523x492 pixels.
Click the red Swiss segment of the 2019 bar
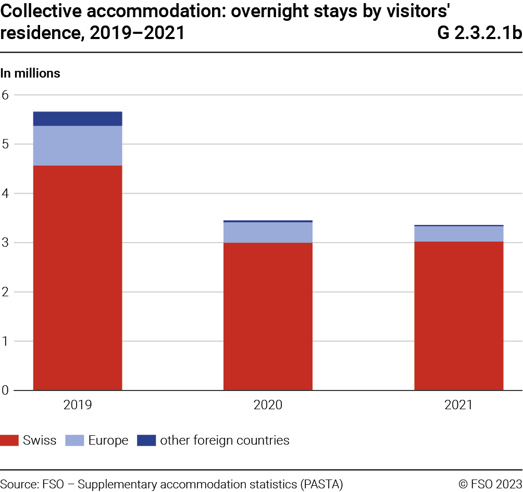click(x=78, y=277)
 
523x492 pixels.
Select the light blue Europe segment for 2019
click(x=78, y=146)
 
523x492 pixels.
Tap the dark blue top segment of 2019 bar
click(x=78, y=119)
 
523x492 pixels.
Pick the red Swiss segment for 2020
click(x=268, y=316)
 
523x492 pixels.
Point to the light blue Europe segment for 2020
click(x=268, y=232)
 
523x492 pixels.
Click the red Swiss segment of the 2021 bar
click(x=458, y=316)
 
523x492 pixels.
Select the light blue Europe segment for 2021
click(x=458, y=234)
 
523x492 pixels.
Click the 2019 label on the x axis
click(x=78, y=405)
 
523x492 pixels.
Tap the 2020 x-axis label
click(x=268, y=405)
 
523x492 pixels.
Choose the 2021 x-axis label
click(x=458, y=405)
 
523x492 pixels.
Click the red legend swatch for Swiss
click(x=9, y=440)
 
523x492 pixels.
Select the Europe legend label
click(x=108, y=440)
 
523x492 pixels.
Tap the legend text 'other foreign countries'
click(x=225, y=440)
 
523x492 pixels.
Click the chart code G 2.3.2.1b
click(x=479, y=33)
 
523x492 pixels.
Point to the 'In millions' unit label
click(x=30, y=73)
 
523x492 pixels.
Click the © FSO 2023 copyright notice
click(x=490, y=484)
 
